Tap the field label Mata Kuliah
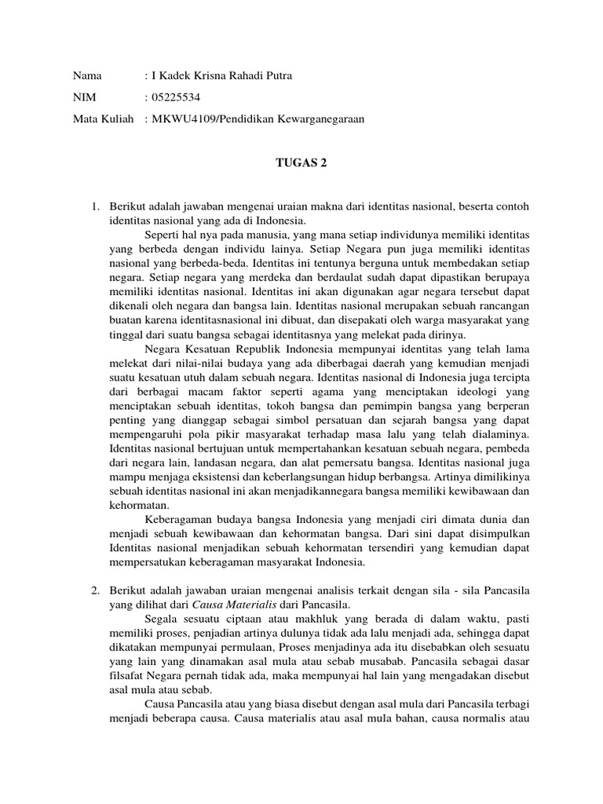click(x=100, y=119)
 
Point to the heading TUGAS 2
click(x=301, y=163)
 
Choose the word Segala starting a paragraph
click(x=163, y=619)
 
